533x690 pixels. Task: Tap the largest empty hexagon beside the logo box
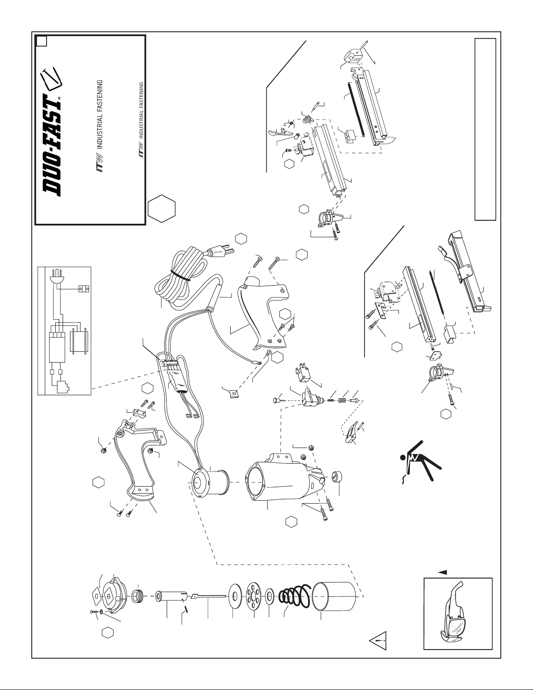click(x=161, y=208)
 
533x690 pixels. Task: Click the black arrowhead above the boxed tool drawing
click(x=442, y=572)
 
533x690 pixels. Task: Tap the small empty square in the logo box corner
click(x=42, y=42)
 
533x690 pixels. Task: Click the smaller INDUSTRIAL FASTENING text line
click(x=141, y=110)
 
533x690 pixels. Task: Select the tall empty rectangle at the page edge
click(x=485, y=129)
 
